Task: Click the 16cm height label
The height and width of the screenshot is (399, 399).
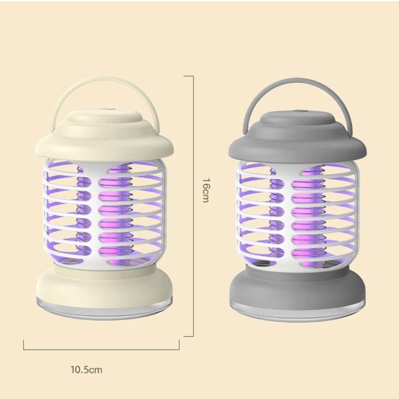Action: point(206,190)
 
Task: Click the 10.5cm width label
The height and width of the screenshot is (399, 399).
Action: point(87,370)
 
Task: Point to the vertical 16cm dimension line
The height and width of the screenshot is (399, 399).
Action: point(193,206)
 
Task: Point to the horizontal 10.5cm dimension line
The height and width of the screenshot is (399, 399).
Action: point(101,350)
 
